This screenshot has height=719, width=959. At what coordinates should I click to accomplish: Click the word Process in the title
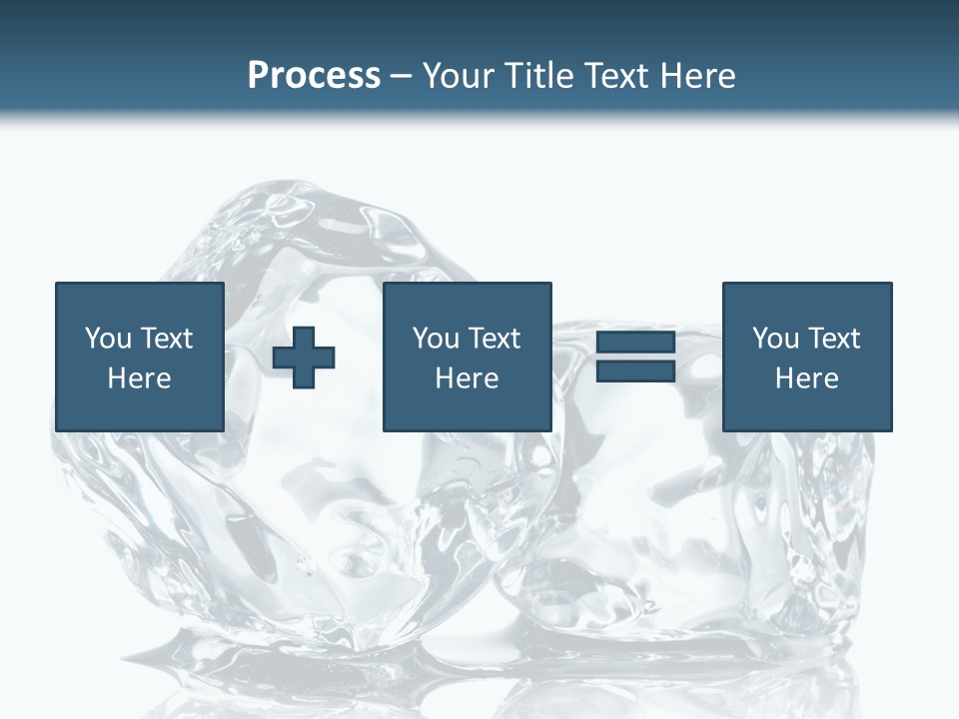314,76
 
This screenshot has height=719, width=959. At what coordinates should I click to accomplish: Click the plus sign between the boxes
304,358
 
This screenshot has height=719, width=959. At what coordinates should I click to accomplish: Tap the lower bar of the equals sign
636,371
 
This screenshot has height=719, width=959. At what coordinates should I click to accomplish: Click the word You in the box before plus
106,339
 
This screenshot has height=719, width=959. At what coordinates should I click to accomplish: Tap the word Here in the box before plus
140,378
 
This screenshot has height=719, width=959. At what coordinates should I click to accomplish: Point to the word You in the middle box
436,339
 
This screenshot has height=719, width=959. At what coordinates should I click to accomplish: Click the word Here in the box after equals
807,378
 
